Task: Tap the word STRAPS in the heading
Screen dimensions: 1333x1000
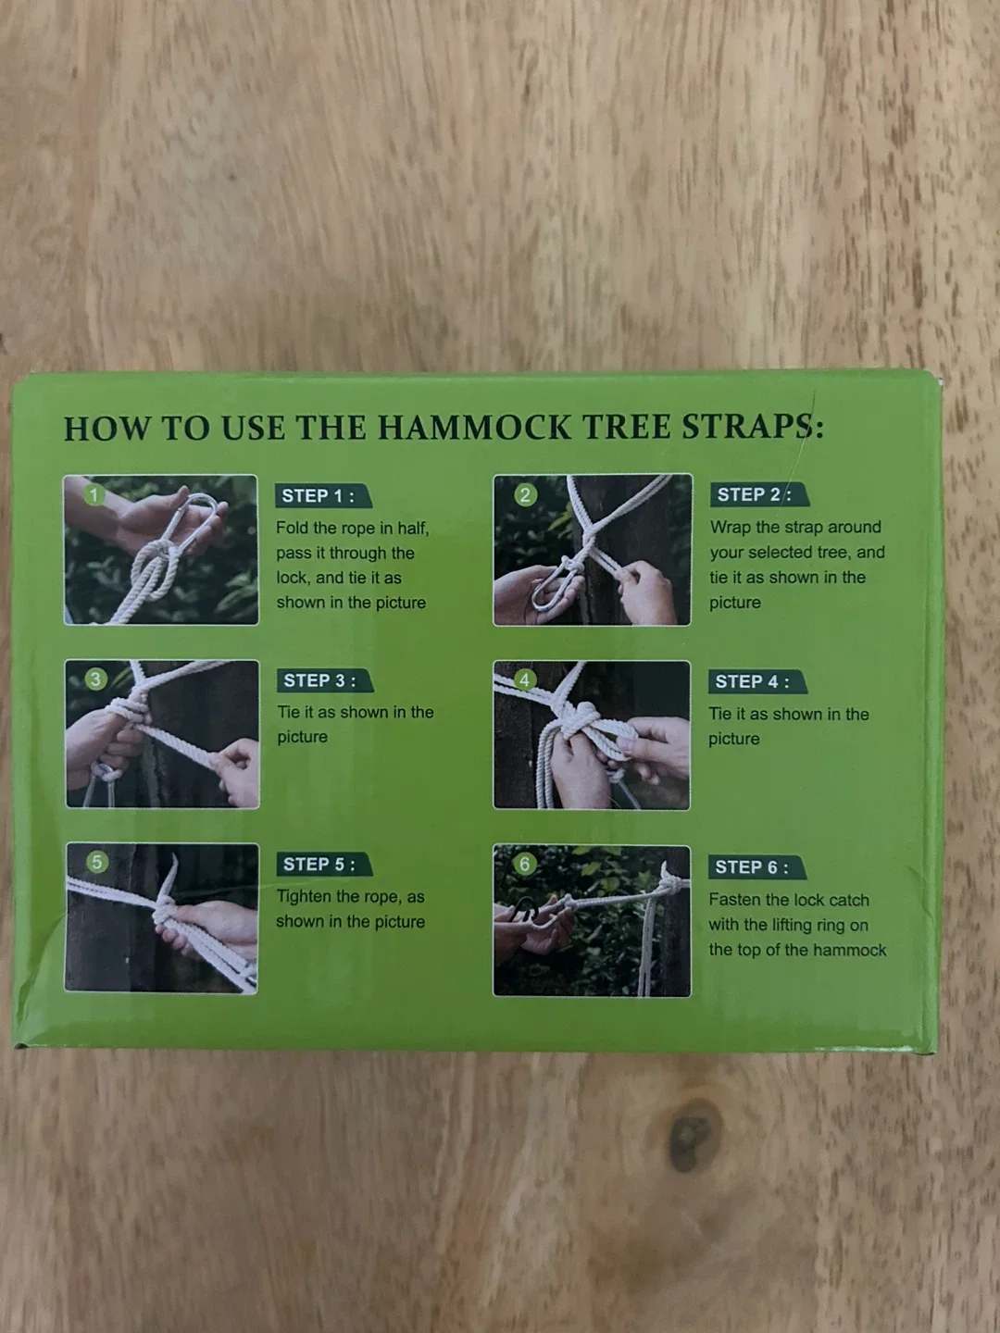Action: [x=750, y=427]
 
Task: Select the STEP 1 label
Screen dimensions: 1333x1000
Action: [x=319, y=496]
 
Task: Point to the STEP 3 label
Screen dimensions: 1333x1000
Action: [x=320, y=680]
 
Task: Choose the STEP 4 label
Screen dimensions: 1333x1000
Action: [x=752, y=682]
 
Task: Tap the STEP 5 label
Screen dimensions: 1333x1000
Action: [x=319, y=865]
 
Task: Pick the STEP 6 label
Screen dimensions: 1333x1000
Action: [x=752, y=867]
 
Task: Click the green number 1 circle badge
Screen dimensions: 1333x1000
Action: [x=94, y=495]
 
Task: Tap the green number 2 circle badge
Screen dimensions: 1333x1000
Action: [x=525, y=494]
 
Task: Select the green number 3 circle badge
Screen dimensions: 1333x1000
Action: [x=94, y=679]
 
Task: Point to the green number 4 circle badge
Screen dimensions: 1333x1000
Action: [x=524, y=680]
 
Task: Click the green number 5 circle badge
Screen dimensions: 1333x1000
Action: [x=96, y=863]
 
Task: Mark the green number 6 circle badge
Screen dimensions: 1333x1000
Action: [x=525, y=865]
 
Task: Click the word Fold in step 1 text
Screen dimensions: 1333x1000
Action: [x=292, y=529]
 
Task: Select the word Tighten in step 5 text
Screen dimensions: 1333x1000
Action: [x=304, y=897]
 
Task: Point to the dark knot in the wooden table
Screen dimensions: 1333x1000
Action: [x=690, y=1134]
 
